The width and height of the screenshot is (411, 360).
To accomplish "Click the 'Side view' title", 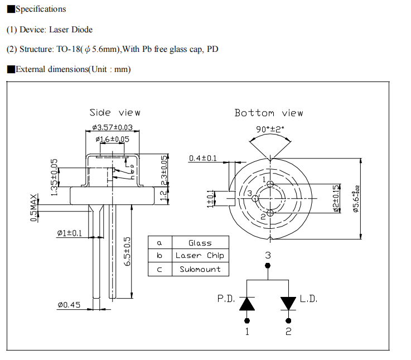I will coord(115,113).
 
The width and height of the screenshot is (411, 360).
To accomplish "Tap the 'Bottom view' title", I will coord(268,113).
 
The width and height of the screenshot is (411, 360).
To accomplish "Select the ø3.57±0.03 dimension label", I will coord(112,127).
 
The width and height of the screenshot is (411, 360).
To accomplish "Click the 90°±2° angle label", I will coord(270,128).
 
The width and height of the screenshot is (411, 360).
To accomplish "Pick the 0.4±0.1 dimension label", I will coord(203,159).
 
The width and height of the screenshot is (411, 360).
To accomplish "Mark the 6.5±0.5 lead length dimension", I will coord(127,252).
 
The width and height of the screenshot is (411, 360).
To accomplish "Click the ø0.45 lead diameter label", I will coord(69,305).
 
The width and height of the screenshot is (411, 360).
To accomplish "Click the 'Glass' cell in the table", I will coord(200,243).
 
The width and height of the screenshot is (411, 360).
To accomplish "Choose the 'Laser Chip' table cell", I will coord(200,256).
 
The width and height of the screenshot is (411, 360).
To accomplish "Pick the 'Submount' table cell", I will coord(200,269).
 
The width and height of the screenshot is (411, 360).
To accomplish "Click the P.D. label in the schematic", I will coord(226,299).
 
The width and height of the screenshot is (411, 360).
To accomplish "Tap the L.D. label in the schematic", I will coord(308,299).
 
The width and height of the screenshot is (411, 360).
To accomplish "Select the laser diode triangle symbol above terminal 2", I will coord(288,303).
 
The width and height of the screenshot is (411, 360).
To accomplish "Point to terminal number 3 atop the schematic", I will coord(268,255).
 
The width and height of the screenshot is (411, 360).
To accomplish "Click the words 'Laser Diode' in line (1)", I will coord(71,29).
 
